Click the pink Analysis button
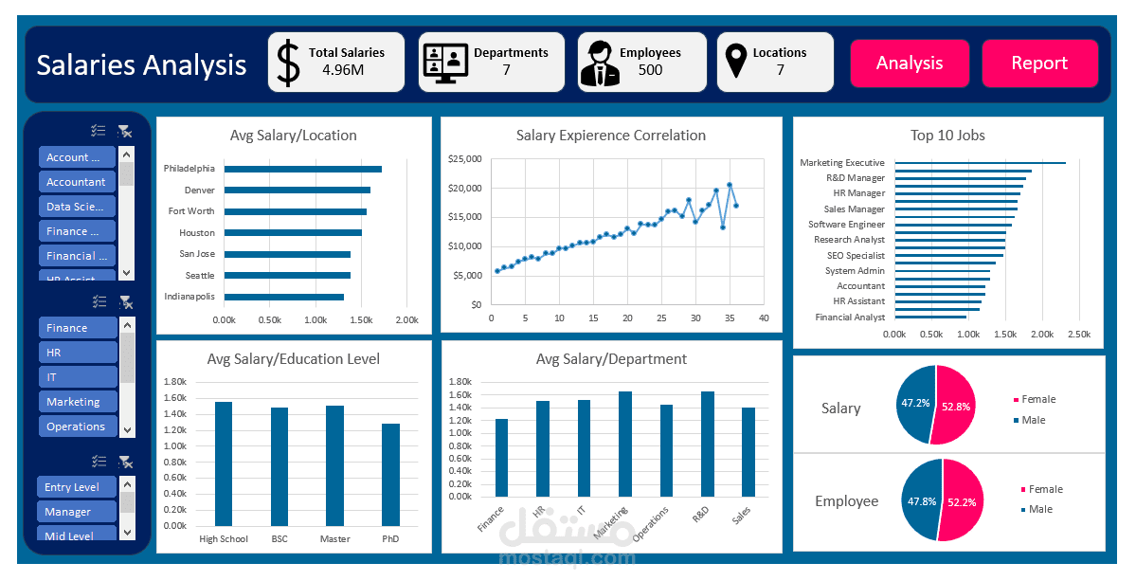click(x=909, y=64)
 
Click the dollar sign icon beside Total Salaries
click(x=287, y=63)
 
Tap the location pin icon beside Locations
click(x=735, y=63)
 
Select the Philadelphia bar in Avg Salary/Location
click(x=302, y=169)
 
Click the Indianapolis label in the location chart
click(x=189, y=297)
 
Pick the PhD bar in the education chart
click(x=390, y=474)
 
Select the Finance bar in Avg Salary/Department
click(x=501, y=457)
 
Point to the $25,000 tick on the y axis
click(x=465, y=158)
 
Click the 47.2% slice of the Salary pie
click(x=914, y=404)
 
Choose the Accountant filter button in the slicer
click(x=77, y=182)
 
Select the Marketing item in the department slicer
click(x=77, y=402)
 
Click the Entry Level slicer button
click(x=77, y=487)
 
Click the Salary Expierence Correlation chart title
click(x=610, y=136)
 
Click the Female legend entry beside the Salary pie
click(x=1038, y=400)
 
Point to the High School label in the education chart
click(x=224, y=539)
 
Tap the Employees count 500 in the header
click(x=650, y=70)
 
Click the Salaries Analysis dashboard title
click(x=141, y=65)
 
